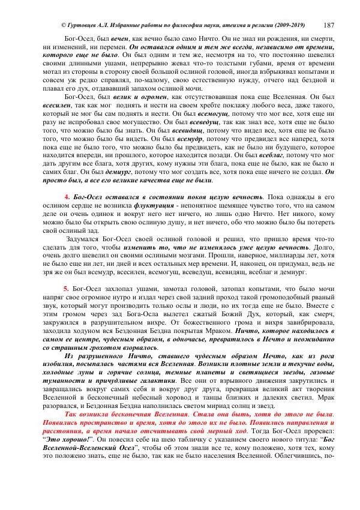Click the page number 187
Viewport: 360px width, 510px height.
329,25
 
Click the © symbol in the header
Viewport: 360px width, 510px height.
64,25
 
